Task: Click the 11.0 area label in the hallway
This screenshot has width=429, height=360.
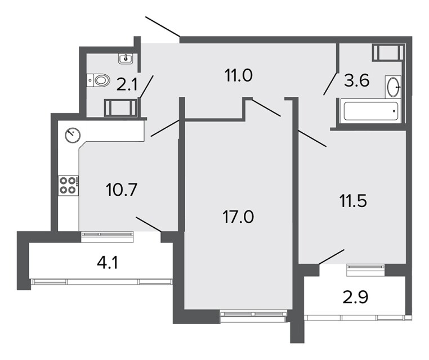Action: (x=238, y=76)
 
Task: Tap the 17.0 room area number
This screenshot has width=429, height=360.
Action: (x=238, y=217)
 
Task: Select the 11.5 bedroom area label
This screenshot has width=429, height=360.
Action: (x=353, y=201)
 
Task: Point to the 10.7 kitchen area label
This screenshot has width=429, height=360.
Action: (x=122, y=190)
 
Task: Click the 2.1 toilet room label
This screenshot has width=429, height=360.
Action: (x=127, y=84)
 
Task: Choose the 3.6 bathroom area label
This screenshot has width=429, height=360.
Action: (x=357, y=80)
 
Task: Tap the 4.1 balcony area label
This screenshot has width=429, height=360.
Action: (x=108, y=263)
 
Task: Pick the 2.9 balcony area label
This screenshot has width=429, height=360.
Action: (x=355, y=298)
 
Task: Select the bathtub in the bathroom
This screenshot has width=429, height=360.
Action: (x=370, y=111)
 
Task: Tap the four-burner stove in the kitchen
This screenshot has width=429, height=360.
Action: (x=68, y=185)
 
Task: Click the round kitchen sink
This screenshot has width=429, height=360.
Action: (x=73, y=135)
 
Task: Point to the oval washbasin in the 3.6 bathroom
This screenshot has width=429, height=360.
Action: (x=394, y=87)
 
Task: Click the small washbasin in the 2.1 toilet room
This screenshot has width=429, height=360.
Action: (x=126, y=58)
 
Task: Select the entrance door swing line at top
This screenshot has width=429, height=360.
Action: (x=163, y=26)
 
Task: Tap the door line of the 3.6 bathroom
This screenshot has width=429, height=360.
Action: (x=330, y=84)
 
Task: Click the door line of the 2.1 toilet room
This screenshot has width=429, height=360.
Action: (x=146, y=87)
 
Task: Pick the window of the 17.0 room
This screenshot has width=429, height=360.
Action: (x=253, y=316)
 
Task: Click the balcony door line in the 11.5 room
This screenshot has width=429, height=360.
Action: (x=332, y=257)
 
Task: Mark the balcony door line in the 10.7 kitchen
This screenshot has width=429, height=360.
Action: (x=149, y=224)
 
